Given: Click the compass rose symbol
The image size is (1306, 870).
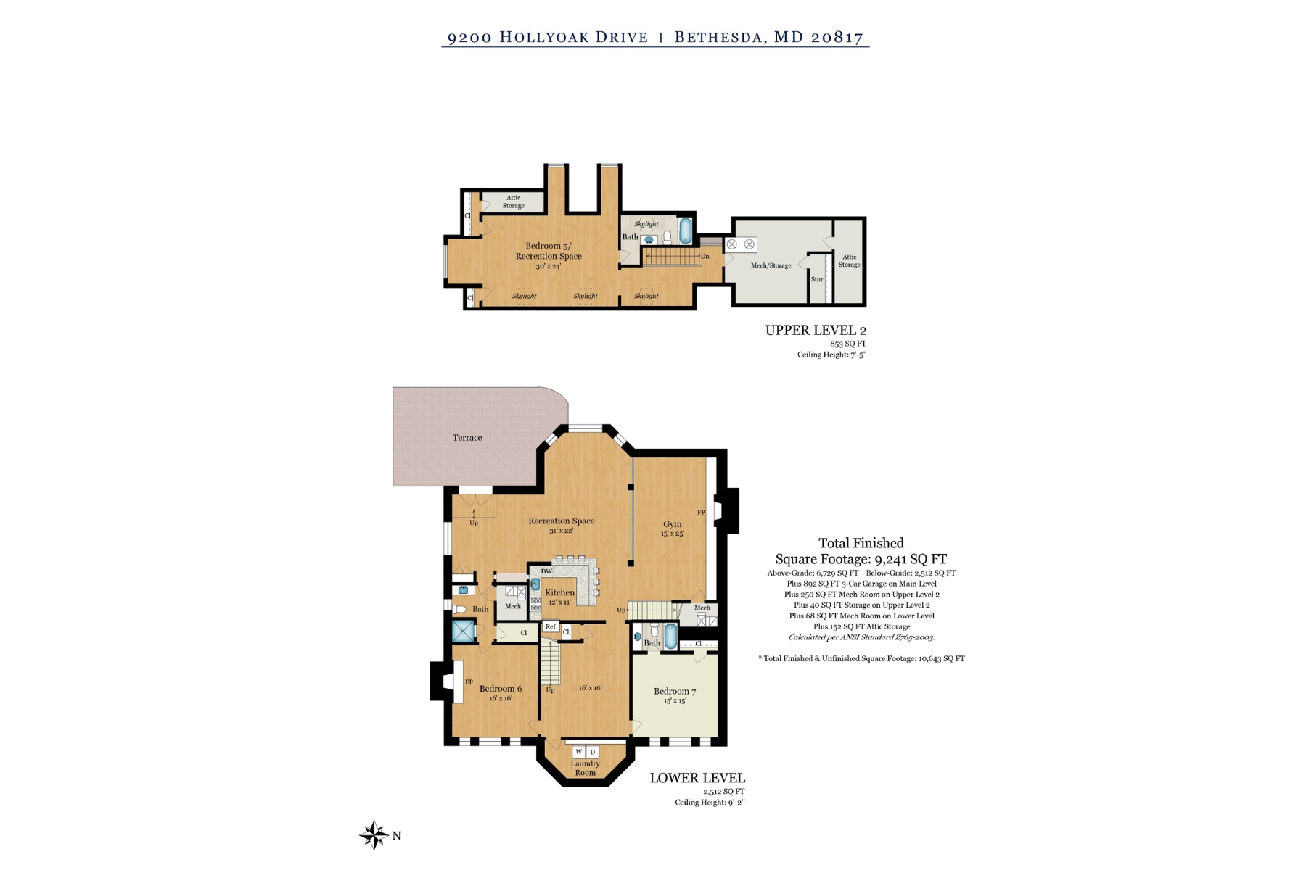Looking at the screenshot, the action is pyautogui.click(x=374, y=835).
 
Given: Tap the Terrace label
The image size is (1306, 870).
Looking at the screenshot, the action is pyautogui.click(x=467, y=438).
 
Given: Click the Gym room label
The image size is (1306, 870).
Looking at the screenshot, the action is pyautogui.click(x=673, y=524).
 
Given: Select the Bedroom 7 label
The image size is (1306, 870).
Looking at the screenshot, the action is pyautogui.click(x=675, y=692).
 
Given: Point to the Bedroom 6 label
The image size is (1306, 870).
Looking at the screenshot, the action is pyautogui.click(x=501, y=689).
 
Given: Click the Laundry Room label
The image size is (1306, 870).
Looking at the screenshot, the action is pyautogui.click(x=585, y=768).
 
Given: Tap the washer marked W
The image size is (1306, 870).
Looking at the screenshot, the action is pyautogui.click(x=579, y=752).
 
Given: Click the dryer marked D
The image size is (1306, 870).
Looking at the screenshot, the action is pyautogui.click(x=592, y=752).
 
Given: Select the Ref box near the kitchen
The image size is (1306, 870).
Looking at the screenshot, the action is pyautogui.click(x=551, y=627).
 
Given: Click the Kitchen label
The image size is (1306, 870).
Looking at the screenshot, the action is pyautogui.click(x=559, y=592).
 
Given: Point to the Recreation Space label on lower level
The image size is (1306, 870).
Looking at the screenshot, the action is pyautogui.click(x=561, y=521).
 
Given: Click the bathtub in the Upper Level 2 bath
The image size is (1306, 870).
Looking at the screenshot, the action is pyautogui.click(x=686, y=231).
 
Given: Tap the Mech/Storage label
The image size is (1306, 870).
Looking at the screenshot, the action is pyautogui.click(x=771, y=265).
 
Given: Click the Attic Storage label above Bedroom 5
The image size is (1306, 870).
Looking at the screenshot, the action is pyautogui.click(x=514, y=202).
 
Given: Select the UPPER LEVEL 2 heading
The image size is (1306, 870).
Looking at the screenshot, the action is pyautogui.click(x=816, y=331).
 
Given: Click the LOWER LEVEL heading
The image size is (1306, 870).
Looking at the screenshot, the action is pyautogui.click(x=697, y=778).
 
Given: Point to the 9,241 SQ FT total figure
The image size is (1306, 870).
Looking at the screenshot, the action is pyautogui.click(x=911, y=559).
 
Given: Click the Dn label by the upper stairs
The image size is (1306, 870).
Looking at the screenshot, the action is pyautogui.click(x=705, y=256).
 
